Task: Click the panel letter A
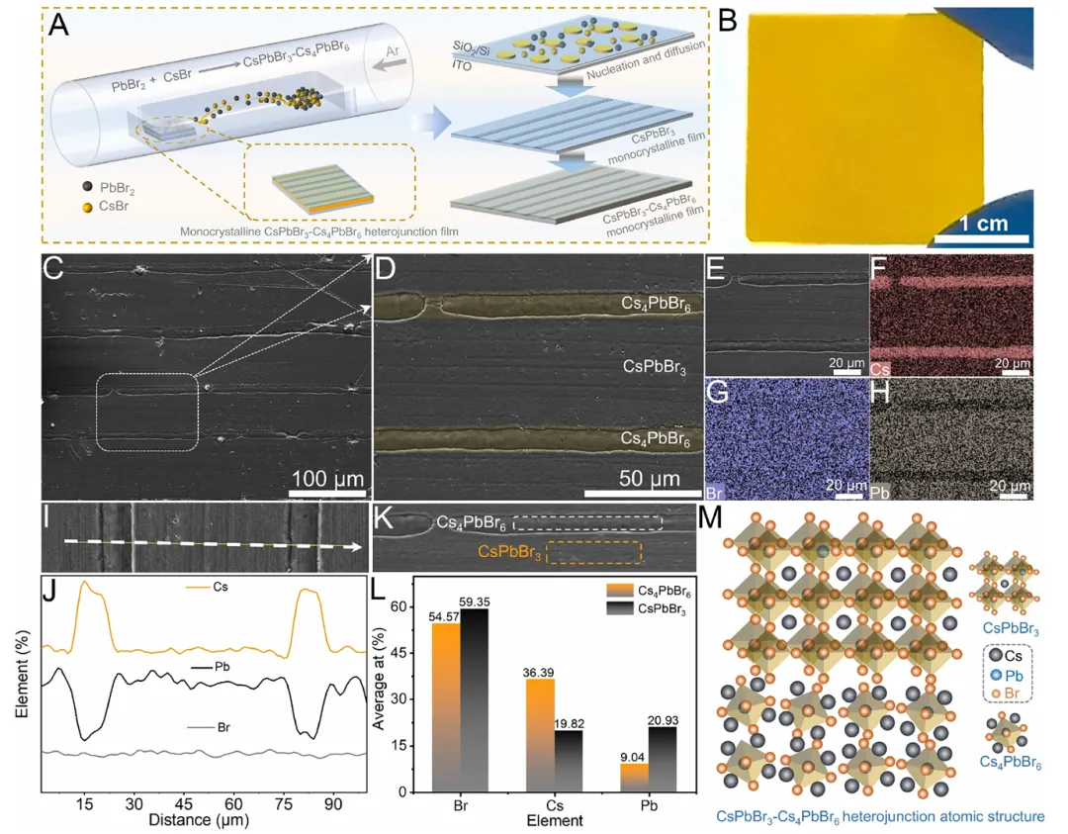[x=58, y=27]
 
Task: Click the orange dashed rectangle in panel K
[x=593, y=551]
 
